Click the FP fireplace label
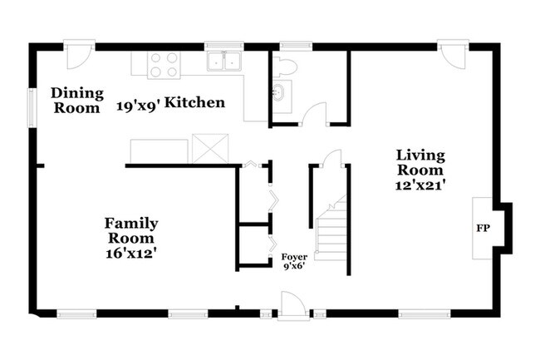click(x=483, y=228)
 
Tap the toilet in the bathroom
click(x=285, y=67)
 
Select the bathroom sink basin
click(x=279, y=92)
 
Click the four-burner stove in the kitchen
click(x=164, y=65)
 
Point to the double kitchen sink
click(x=224, y=62)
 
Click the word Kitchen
click(x=195, y=102)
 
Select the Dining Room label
click(x=77, y=101)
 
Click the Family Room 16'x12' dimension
click(x=132, y=254)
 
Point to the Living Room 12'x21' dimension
click(x=420, y=185)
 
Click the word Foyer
click(x=294, y=257)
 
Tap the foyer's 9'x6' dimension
click(x=295, y=266)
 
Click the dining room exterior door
click(x=79, y=55)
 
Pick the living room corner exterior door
click(x=453, y=54)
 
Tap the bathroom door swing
click(x=314, y=114)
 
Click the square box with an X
click(x=210, y=149)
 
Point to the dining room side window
click(x=32, y=108)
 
